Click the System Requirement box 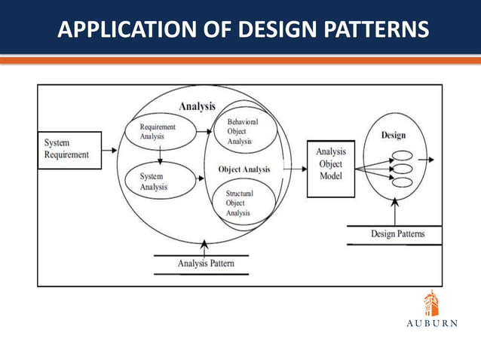69,149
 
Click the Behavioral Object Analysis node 241,131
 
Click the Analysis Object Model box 330,163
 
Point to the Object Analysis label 244,169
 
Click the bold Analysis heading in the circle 198,107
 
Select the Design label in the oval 394,136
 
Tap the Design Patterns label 397,233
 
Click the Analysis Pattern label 206,264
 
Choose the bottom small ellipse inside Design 403,182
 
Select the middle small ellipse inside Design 403,169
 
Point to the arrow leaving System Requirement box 109,150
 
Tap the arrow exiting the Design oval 427,159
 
